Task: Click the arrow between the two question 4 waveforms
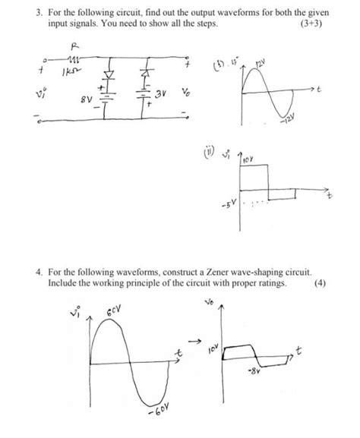(x=195, y=339)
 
